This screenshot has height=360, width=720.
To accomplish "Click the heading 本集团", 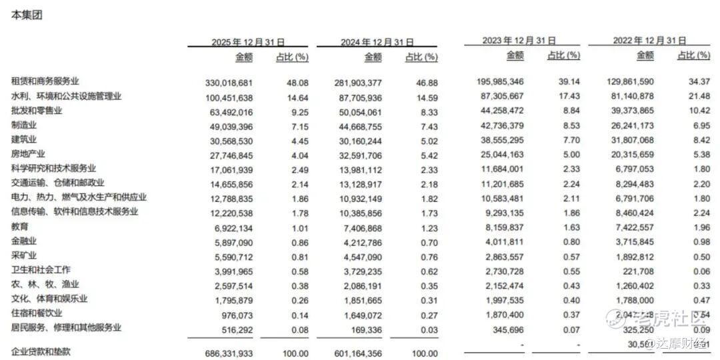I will coord(27,15).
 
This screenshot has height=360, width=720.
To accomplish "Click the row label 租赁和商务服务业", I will coord(50,81).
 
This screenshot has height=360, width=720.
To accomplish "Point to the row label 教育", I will coord(20,226).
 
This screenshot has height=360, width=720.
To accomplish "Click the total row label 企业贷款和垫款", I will coord(41,351).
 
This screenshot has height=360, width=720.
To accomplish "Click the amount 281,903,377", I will coord(358,82).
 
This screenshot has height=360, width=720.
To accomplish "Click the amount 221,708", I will coord(637,270).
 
